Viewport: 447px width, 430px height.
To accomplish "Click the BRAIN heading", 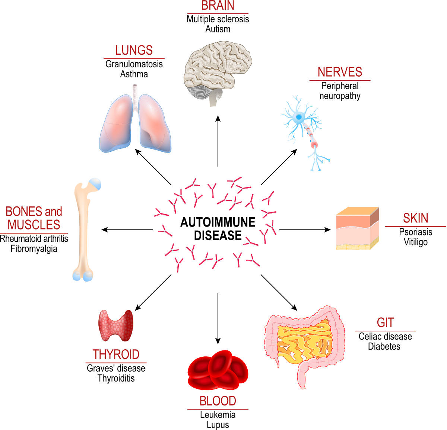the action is click(x=218, y=6).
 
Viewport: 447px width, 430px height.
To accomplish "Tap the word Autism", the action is click(x=218, y=29).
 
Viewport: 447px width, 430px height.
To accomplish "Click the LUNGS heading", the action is click(x=134, y=50).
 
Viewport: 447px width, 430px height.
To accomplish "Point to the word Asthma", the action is click(x=134, y=74).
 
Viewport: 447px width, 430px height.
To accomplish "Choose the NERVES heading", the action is click(x=340, y=72).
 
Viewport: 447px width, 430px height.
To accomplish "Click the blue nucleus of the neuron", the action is click(x=299, y=117).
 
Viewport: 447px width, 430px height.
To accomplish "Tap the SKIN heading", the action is click(x=416, y=218).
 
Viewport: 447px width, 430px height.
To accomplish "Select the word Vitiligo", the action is click(x=416, y=242).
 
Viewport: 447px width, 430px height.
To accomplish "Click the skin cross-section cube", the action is click(x=358, y=228).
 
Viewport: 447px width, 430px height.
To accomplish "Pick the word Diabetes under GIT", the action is click(x=384, y=346).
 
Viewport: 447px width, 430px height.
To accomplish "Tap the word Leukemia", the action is click(x=218, y=415).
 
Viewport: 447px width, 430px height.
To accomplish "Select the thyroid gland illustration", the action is click(x=116, y=326).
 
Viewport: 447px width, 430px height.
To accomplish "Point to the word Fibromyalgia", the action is click(x=34, y=249).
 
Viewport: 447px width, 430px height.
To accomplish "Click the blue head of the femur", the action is click(x=95, y=184).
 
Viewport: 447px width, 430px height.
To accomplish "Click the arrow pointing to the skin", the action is click(x=305, y=230).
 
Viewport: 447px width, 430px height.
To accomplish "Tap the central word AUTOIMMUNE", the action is click(x=218, y=222).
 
